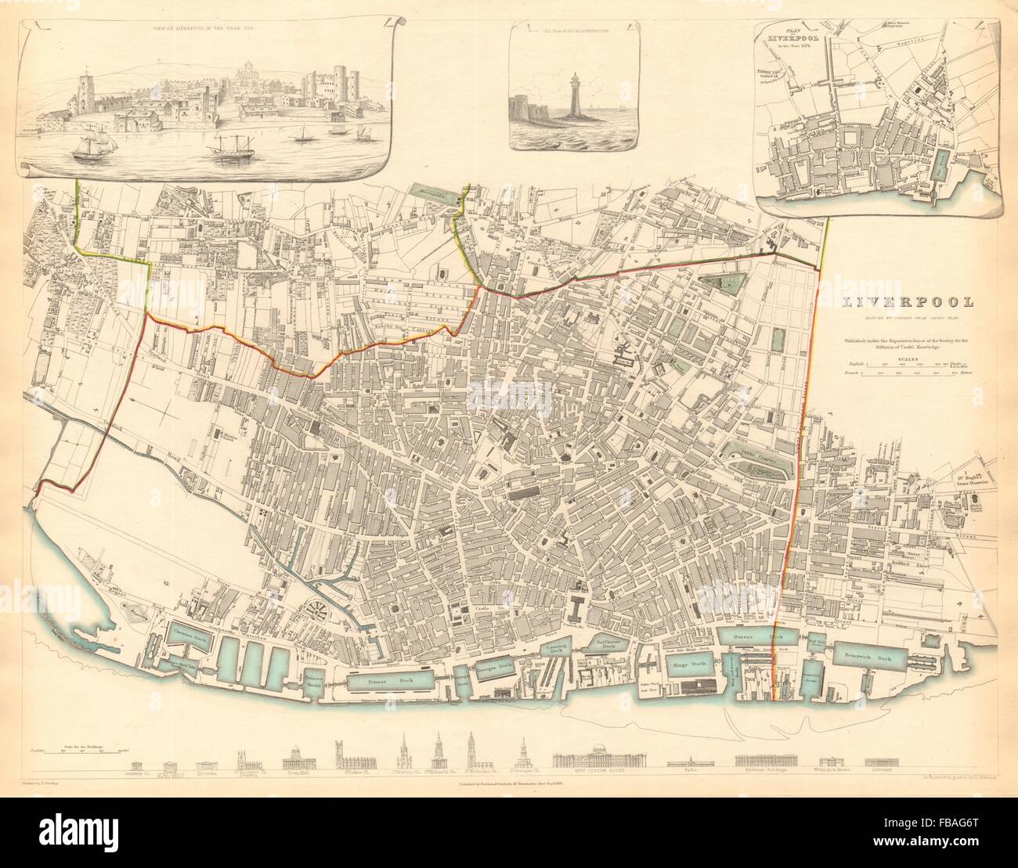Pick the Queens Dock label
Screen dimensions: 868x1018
tap(756, 638)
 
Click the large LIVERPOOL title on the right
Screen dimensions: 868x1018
tap(908, 301)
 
